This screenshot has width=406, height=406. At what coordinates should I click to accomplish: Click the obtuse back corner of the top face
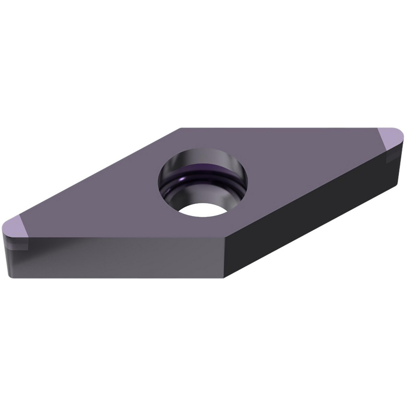[x=181, y=128]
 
